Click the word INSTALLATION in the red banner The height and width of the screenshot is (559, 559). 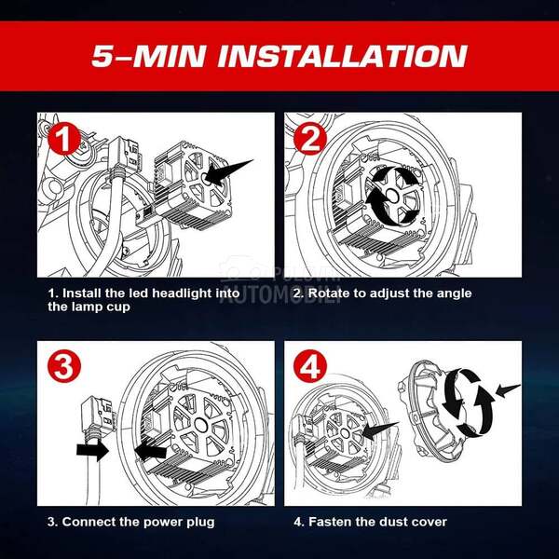(x=342, y=56)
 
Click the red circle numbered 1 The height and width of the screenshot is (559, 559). (x=64, y=138)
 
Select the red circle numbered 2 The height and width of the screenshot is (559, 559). (x=310, y=138)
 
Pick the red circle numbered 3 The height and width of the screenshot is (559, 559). (x=64, y=366)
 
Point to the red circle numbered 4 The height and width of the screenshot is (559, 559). (x=310, y=366)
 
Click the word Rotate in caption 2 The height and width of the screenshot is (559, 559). (x=328, y=293)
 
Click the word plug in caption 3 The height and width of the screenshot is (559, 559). (x=200, y=523)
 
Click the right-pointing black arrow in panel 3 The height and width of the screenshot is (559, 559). (x=92, y=450)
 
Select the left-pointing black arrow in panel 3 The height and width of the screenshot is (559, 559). (x=150, y=451)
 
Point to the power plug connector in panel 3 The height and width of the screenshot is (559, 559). (x=98, y=414)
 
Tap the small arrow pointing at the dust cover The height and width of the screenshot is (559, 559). (x=508, y=390)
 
